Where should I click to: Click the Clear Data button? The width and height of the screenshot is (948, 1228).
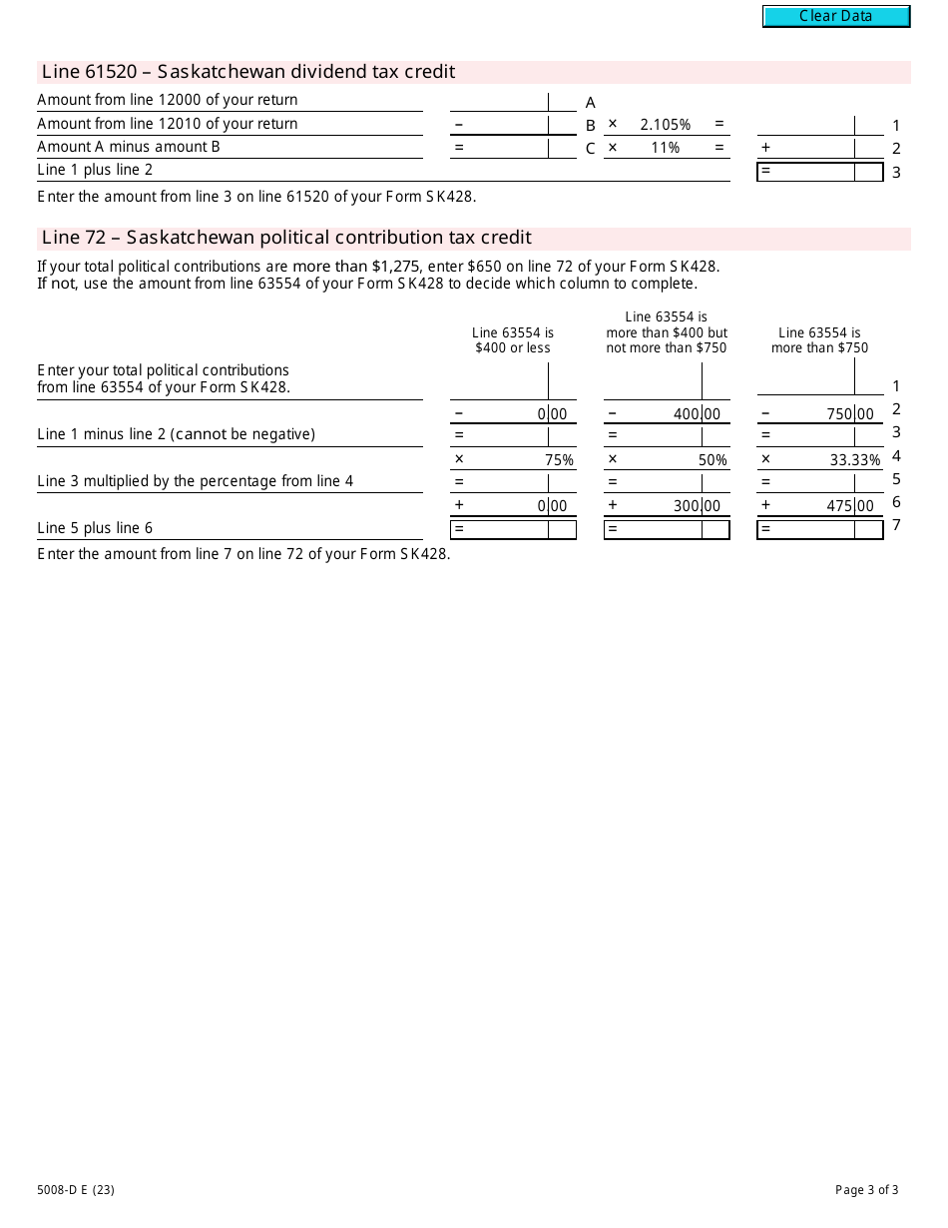(836, 16)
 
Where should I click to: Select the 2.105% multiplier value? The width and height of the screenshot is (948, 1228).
(665, 125)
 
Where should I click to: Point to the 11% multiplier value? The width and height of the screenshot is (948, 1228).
(665, 148)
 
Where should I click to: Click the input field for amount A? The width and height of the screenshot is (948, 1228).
(498, 101)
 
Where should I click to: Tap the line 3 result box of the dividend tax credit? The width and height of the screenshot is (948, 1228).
(819, 172)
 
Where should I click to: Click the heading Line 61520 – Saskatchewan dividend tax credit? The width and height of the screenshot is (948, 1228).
(248, 72)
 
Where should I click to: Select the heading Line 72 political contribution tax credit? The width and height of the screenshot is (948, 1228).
(286, 238)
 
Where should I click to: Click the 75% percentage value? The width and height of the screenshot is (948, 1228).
(559, 460)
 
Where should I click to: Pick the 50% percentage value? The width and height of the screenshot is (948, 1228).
(712, 460)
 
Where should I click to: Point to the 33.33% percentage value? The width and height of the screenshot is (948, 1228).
(855, 460)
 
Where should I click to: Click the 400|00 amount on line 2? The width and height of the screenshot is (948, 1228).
(696, 414)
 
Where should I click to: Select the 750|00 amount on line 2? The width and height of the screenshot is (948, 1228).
(849, 414)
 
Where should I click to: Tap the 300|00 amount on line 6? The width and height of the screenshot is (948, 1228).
(696, 506)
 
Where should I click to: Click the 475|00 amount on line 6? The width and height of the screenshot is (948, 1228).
(849, 506)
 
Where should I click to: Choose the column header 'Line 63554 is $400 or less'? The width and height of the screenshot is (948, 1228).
(513, 340)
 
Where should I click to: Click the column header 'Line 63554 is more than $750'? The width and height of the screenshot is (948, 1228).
(819, 340)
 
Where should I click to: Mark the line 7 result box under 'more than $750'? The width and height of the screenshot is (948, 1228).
(819, 529)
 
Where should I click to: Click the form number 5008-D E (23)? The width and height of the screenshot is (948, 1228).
(76, 1189)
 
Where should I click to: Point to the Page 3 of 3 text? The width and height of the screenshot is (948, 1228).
(866, 1189)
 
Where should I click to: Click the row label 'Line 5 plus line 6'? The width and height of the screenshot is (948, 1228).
(95, 528)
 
